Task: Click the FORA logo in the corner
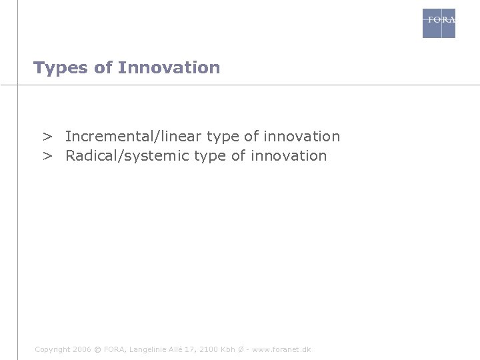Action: tap(439, 23)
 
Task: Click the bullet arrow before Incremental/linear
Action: tap(48, 137)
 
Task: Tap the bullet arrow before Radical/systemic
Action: tap(48, 157)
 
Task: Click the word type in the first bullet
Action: tap(223, 137)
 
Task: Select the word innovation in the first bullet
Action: tap(301, 137)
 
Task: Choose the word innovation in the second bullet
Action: tap(289, 157)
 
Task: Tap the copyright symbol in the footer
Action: tap(98, 349)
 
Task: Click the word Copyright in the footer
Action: tap(51, 349)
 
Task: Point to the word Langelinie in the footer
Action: tap(148, 349)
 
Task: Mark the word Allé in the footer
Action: tap(176, 349)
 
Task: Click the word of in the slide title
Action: tap(103, 68)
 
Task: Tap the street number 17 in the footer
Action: tap(191, 349)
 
